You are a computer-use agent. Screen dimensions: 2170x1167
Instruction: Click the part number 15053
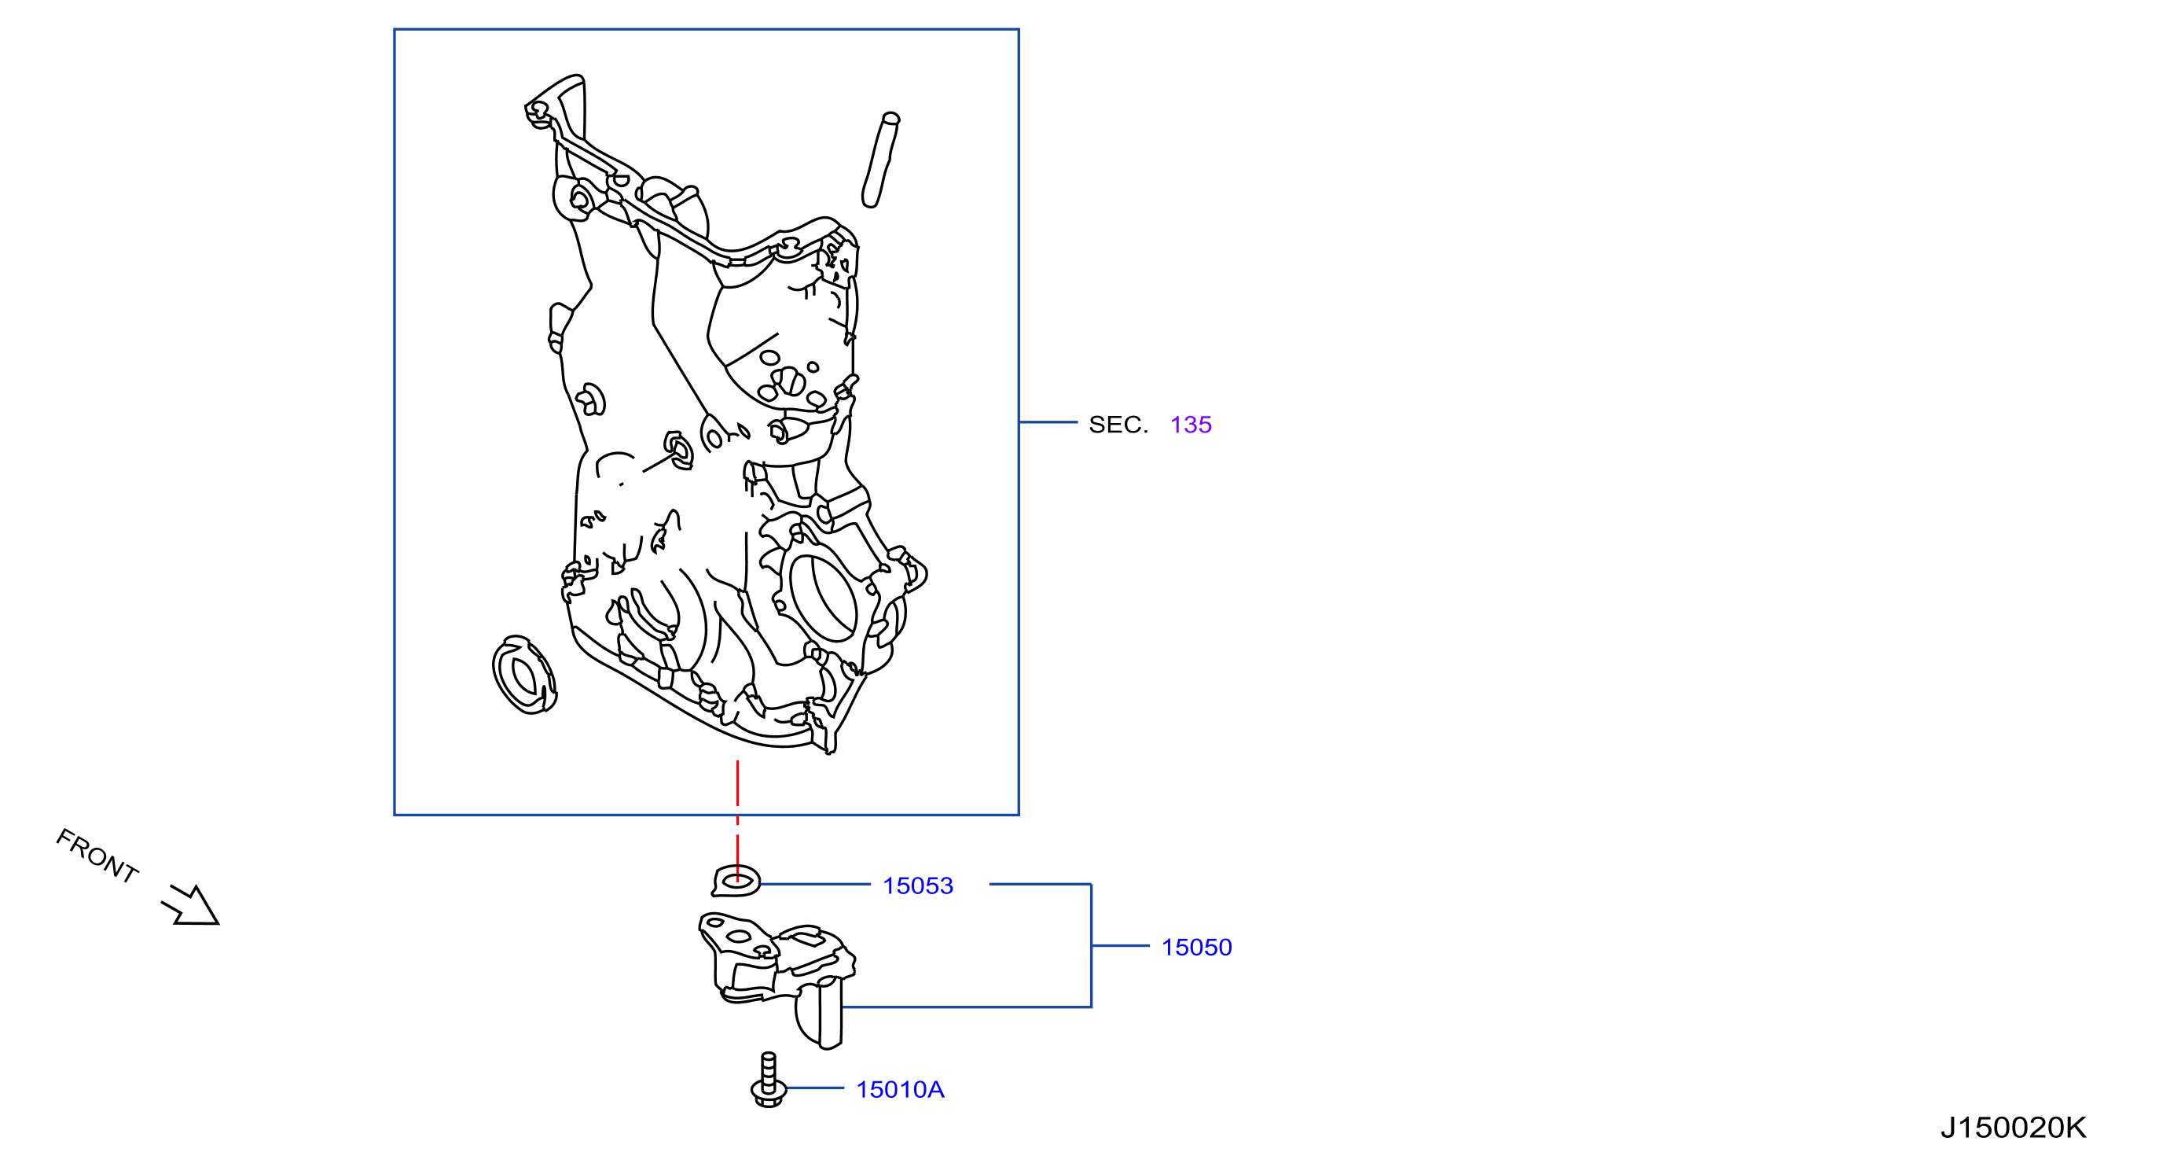point(917,885)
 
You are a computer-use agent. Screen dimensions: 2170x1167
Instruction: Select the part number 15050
point(1196,947)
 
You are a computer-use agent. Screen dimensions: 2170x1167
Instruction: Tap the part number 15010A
point(900,1089)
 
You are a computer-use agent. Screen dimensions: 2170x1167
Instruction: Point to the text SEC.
point(1118,425)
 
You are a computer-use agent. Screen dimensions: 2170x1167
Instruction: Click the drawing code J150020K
point(2013,1128)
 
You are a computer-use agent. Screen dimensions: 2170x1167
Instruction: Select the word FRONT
point(97,856)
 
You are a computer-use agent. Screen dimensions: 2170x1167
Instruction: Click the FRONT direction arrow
point(191,907)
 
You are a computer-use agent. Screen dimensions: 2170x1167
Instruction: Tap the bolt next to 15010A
point(768,1080)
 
